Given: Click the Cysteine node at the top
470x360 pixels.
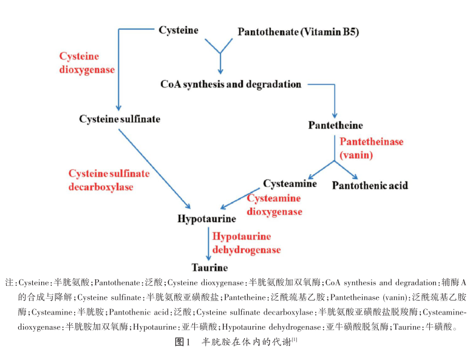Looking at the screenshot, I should (179, 30).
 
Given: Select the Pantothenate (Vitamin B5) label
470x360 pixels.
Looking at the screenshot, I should (298, 32).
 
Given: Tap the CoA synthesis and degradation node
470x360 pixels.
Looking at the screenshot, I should (231, 84).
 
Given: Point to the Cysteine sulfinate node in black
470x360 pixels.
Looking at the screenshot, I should (120, 119).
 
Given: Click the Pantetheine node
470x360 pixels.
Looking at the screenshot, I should (335, 125).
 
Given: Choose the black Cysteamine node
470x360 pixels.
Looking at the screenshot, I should (290, 183).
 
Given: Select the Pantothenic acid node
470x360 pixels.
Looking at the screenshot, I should (370, 185).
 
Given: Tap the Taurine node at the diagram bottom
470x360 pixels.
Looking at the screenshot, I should (209, 267).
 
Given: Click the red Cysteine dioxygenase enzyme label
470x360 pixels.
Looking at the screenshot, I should (87, 63).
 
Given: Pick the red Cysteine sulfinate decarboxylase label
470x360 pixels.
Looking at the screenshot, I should (109, 180).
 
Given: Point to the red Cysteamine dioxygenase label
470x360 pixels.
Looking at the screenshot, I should (274, 205).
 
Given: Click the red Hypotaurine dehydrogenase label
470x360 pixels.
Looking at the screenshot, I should (245, 243).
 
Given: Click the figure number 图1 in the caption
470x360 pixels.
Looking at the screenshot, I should (183, 342).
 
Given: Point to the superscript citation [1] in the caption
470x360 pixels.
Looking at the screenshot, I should (295, 339).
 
